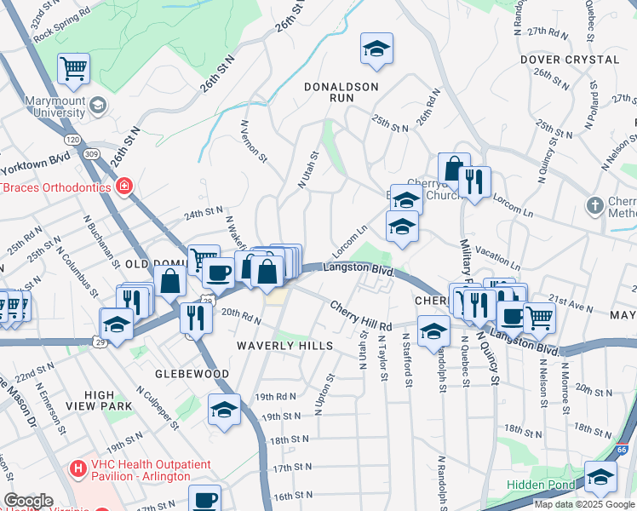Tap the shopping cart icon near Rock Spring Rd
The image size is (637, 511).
tap(74, 67)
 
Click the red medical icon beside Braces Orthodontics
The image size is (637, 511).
tap(124, 186)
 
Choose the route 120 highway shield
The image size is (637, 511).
tap(73, 139)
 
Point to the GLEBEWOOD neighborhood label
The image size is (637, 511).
tap(192, 374)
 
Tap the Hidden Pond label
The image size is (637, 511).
tap(541, 485)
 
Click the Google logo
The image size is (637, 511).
tap(28, 501)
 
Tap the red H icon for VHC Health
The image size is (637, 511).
tap(78, 468)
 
